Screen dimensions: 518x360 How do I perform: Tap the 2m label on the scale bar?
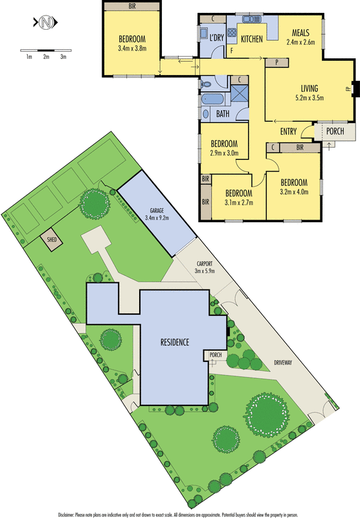(x=47, y=57)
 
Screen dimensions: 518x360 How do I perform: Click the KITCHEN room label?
(x=251, y=39)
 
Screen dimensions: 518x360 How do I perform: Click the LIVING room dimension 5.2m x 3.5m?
(x=309, y=98)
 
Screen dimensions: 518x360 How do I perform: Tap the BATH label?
(x=223, y=114)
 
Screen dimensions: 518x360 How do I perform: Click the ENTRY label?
(x=288, y=131)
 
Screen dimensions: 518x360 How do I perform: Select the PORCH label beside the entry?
(x=335, y=131)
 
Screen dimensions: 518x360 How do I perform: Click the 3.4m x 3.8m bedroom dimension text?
(x=133, y=47)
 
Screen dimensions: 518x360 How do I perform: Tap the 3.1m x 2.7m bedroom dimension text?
(x=238, y=202)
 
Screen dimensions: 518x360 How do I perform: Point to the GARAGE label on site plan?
(x=155, y=210)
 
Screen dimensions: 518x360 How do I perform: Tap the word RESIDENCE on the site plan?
(x=175, y=341)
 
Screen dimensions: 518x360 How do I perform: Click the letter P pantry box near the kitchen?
(x=276, y=62)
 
